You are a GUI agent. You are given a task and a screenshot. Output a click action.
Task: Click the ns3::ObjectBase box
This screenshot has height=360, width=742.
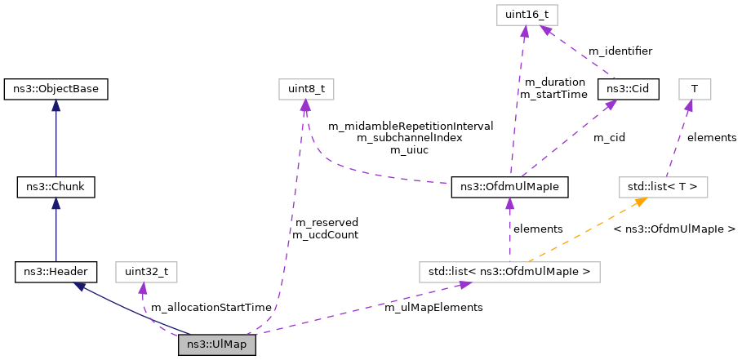click(56, 87)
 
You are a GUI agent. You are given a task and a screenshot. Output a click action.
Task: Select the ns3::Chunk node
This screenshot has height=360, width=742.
click(56, 187)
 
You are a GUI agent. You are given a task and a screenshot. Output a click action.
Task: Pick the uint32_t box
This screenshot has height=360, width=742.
click(147, 270)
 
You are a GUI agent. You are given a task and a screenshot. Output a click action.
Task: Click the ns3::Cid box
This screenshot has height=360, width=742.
click(628, 87)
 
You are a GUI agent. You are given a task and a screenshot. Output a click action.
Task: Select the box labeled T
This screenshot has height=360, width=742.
click(694, 87)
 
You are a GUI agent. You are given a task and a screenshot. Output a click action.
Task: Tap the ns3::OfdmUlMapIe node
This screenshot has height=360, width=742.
click(509, 187)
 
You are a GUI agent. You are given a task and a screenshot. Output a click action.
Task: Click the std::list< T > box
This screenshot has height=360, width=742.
click(661, 187)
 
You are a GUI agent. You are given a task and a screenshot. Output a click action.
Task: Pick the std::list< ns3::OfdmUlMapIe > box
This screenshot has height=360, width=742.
click(509, 270)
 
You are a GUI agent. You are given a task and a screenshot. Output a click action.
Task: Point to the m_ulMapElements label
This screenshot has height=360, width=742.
click(433, 307)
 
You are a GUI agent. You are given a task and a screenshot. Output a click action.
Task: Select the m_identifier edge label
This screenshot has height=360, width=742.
click(620, 51)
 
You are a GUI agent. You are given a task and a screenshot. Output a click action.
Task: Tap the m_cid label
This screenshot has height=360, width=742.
click(608, 137)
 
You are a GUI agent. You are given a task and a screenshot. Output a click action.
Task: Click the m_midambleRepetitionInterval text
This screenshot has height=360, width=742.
click(410, 126)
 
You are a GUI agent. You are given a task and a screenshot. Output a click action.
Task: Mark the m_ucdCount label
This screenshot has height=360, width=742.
click(326, 234)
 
